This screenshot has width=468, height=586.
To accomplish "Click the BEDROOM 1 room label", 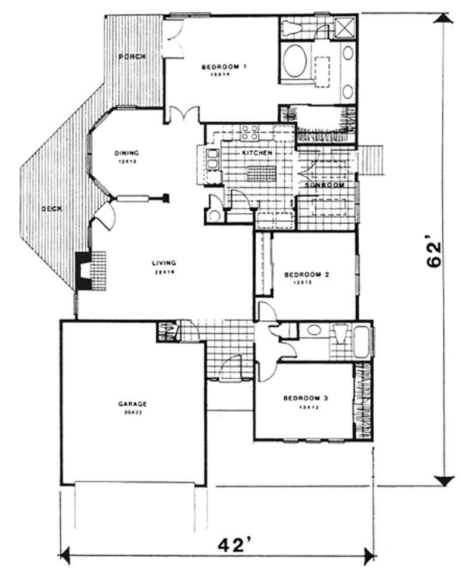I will tap(223, 67).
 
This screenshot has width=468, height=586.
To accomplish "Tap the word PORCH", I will tap(132, 57).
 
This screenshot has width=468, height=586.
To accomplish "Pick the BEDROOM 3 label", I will tap(305, 399).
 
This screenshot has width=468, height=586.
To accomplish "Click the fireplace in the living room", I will tap(85, 270).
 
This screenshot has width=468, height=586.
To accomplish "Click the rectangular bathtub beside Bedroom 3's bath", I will tap(362, 341).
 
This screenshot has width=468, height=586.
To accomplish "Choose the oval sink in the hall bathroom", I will tap(314, 330).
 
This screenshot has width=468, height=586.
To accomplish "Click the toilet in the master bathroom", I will tap(291, 28).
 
